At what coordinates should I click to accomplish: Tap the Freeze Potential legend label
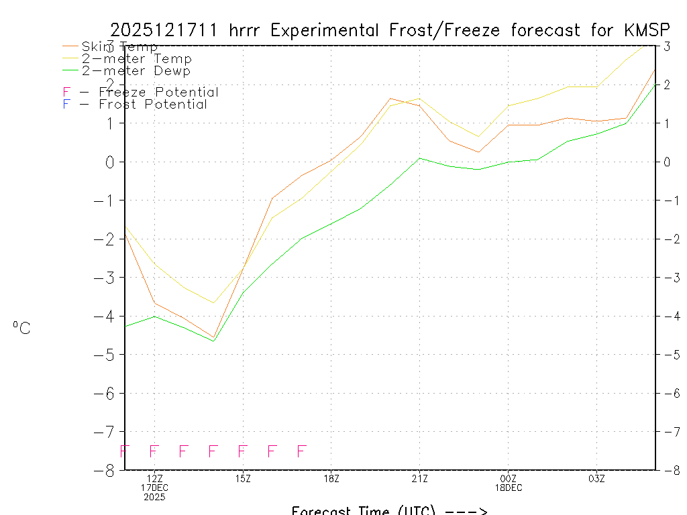tap(158, 93)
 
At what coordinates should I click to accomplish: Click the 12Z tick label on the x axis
tap(154, 478)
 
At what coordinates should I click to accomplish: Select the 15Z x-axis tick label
tap(243, 478)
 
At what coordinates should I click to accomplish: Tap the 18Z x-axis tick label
tap(331, 478)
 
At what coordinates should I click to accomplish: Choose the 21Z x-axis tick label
tap(419, 478)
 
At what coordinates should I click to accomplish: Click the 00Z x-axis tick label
tap(508, 478)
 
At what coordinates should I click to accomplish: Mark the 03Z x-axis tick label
tap(596, 478)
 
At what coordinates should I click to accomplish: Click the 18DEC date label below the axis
tap(508, 488)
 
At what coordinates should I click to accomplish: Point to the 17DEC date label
tap(154, 488)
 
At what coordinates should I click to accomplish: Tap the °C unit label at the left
tap(21, 329)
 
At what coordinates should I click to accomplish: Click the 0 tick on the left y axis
tap(108, 162)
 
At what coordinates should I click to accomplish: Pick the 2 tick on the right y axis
tap(667, 84)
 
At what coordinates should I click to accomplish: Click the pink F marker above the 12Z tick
tap(154, 451)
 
